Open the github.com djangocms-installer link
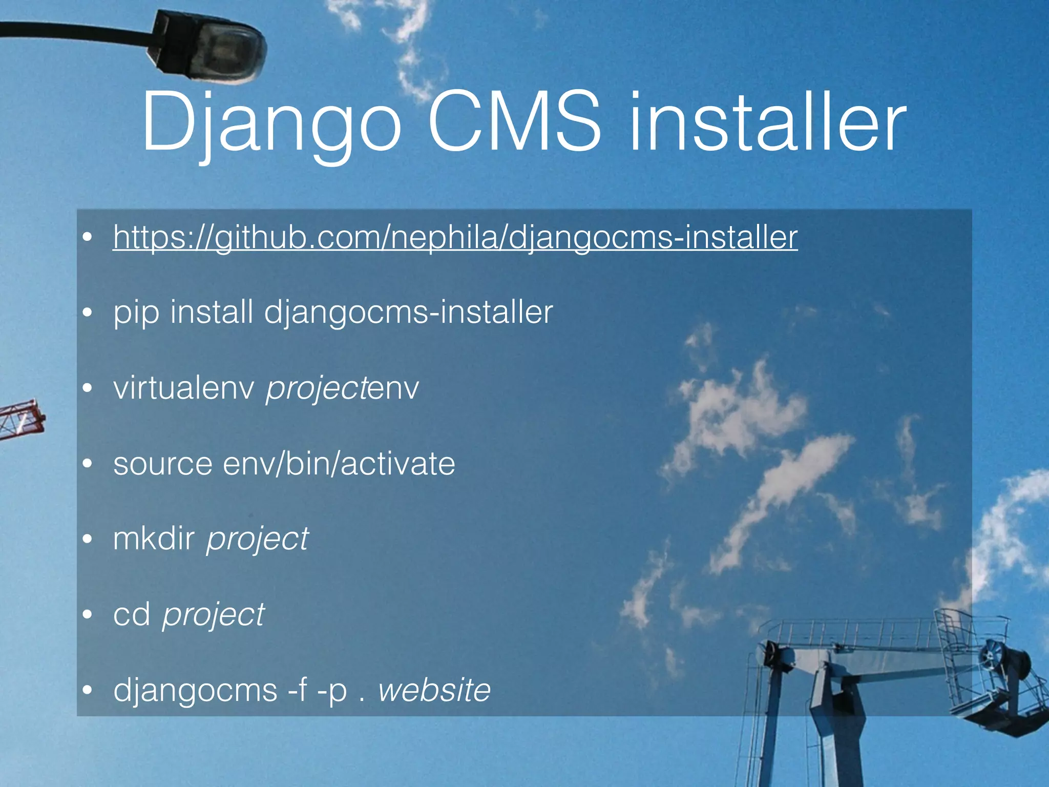[x=455, y=237]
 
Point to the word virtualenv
[x=183, y=388]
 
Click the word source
[x=162, y=464]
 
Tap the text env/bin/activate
[x=339, y=463]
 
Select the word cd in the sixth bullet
[x=132, y=614]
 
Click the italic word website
[x=434, y=690]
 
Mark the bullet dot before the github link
[x=88, y=237]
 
